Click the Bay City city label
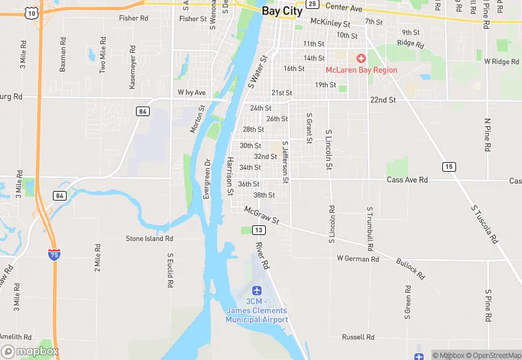[x=282, y=12]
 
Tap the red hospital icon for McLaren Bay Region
[x=361, y=59]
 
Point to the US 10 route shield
[x=30, y=12]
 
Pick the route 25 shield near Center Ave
[x=312, y=4]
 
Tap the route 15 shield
[x=449, y=167]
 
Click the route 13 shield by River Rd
[x=258, y=229]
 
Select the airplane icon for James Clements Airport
[x=257, y=291]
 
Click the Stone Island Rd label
[x=149, y=238]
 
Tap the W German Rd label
[x=358, y=259]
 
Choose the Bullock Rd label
[x=411, y=268]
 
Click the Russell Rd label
[x=358, y=337]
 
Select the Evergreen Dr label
[x=207, y=179]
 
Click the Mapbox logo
[x=30, y=351]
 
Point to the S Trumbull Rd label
[x=370, y=227]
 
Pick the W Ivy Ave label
[x=192, y=92]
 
